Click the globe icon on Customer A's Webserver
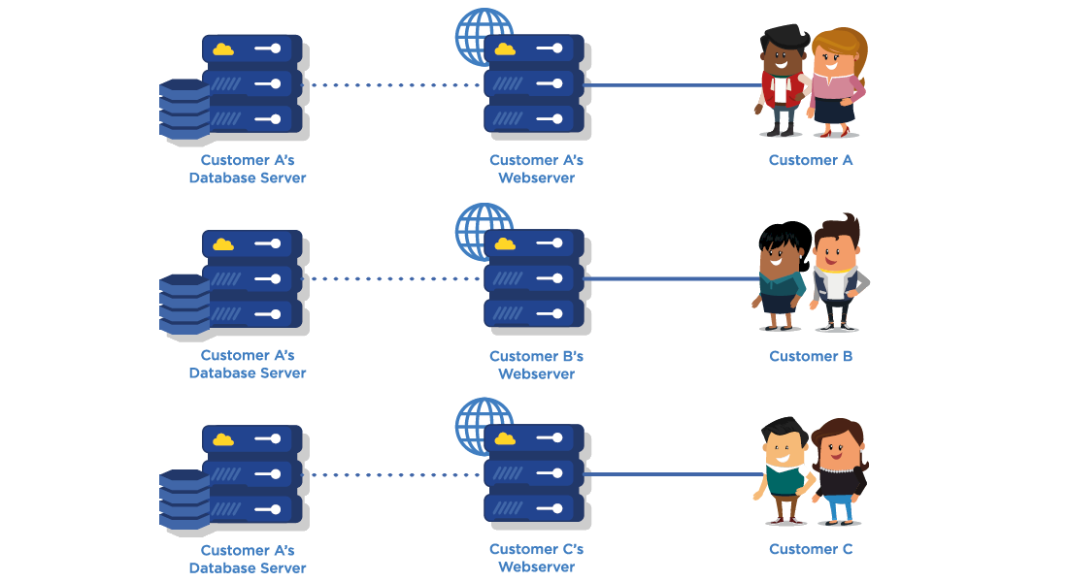(483, 36)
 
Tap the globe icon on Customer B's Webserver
(483, 231)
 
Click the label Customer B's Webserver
(536, 365)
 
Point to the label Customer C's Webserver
(536, 558)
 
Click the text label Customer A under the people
(811, 160)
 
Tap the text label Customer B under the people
(811, 356)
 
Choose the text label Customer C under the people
(811, 550)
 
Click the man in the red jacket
(782, 82)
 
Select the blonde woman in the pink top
(835, 82)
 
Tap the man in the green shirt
(783, 470)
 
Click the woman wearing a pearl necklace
(838, 470)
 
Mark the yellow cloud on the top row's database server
(223, 48)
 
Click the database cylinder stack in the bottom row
(184, 500)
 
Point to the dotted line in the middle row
(393, 279)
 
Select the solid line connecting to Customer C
(670, 474)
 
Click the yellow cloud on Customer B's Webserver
(505, 244)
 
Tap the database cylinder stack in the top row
(184, 110)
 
